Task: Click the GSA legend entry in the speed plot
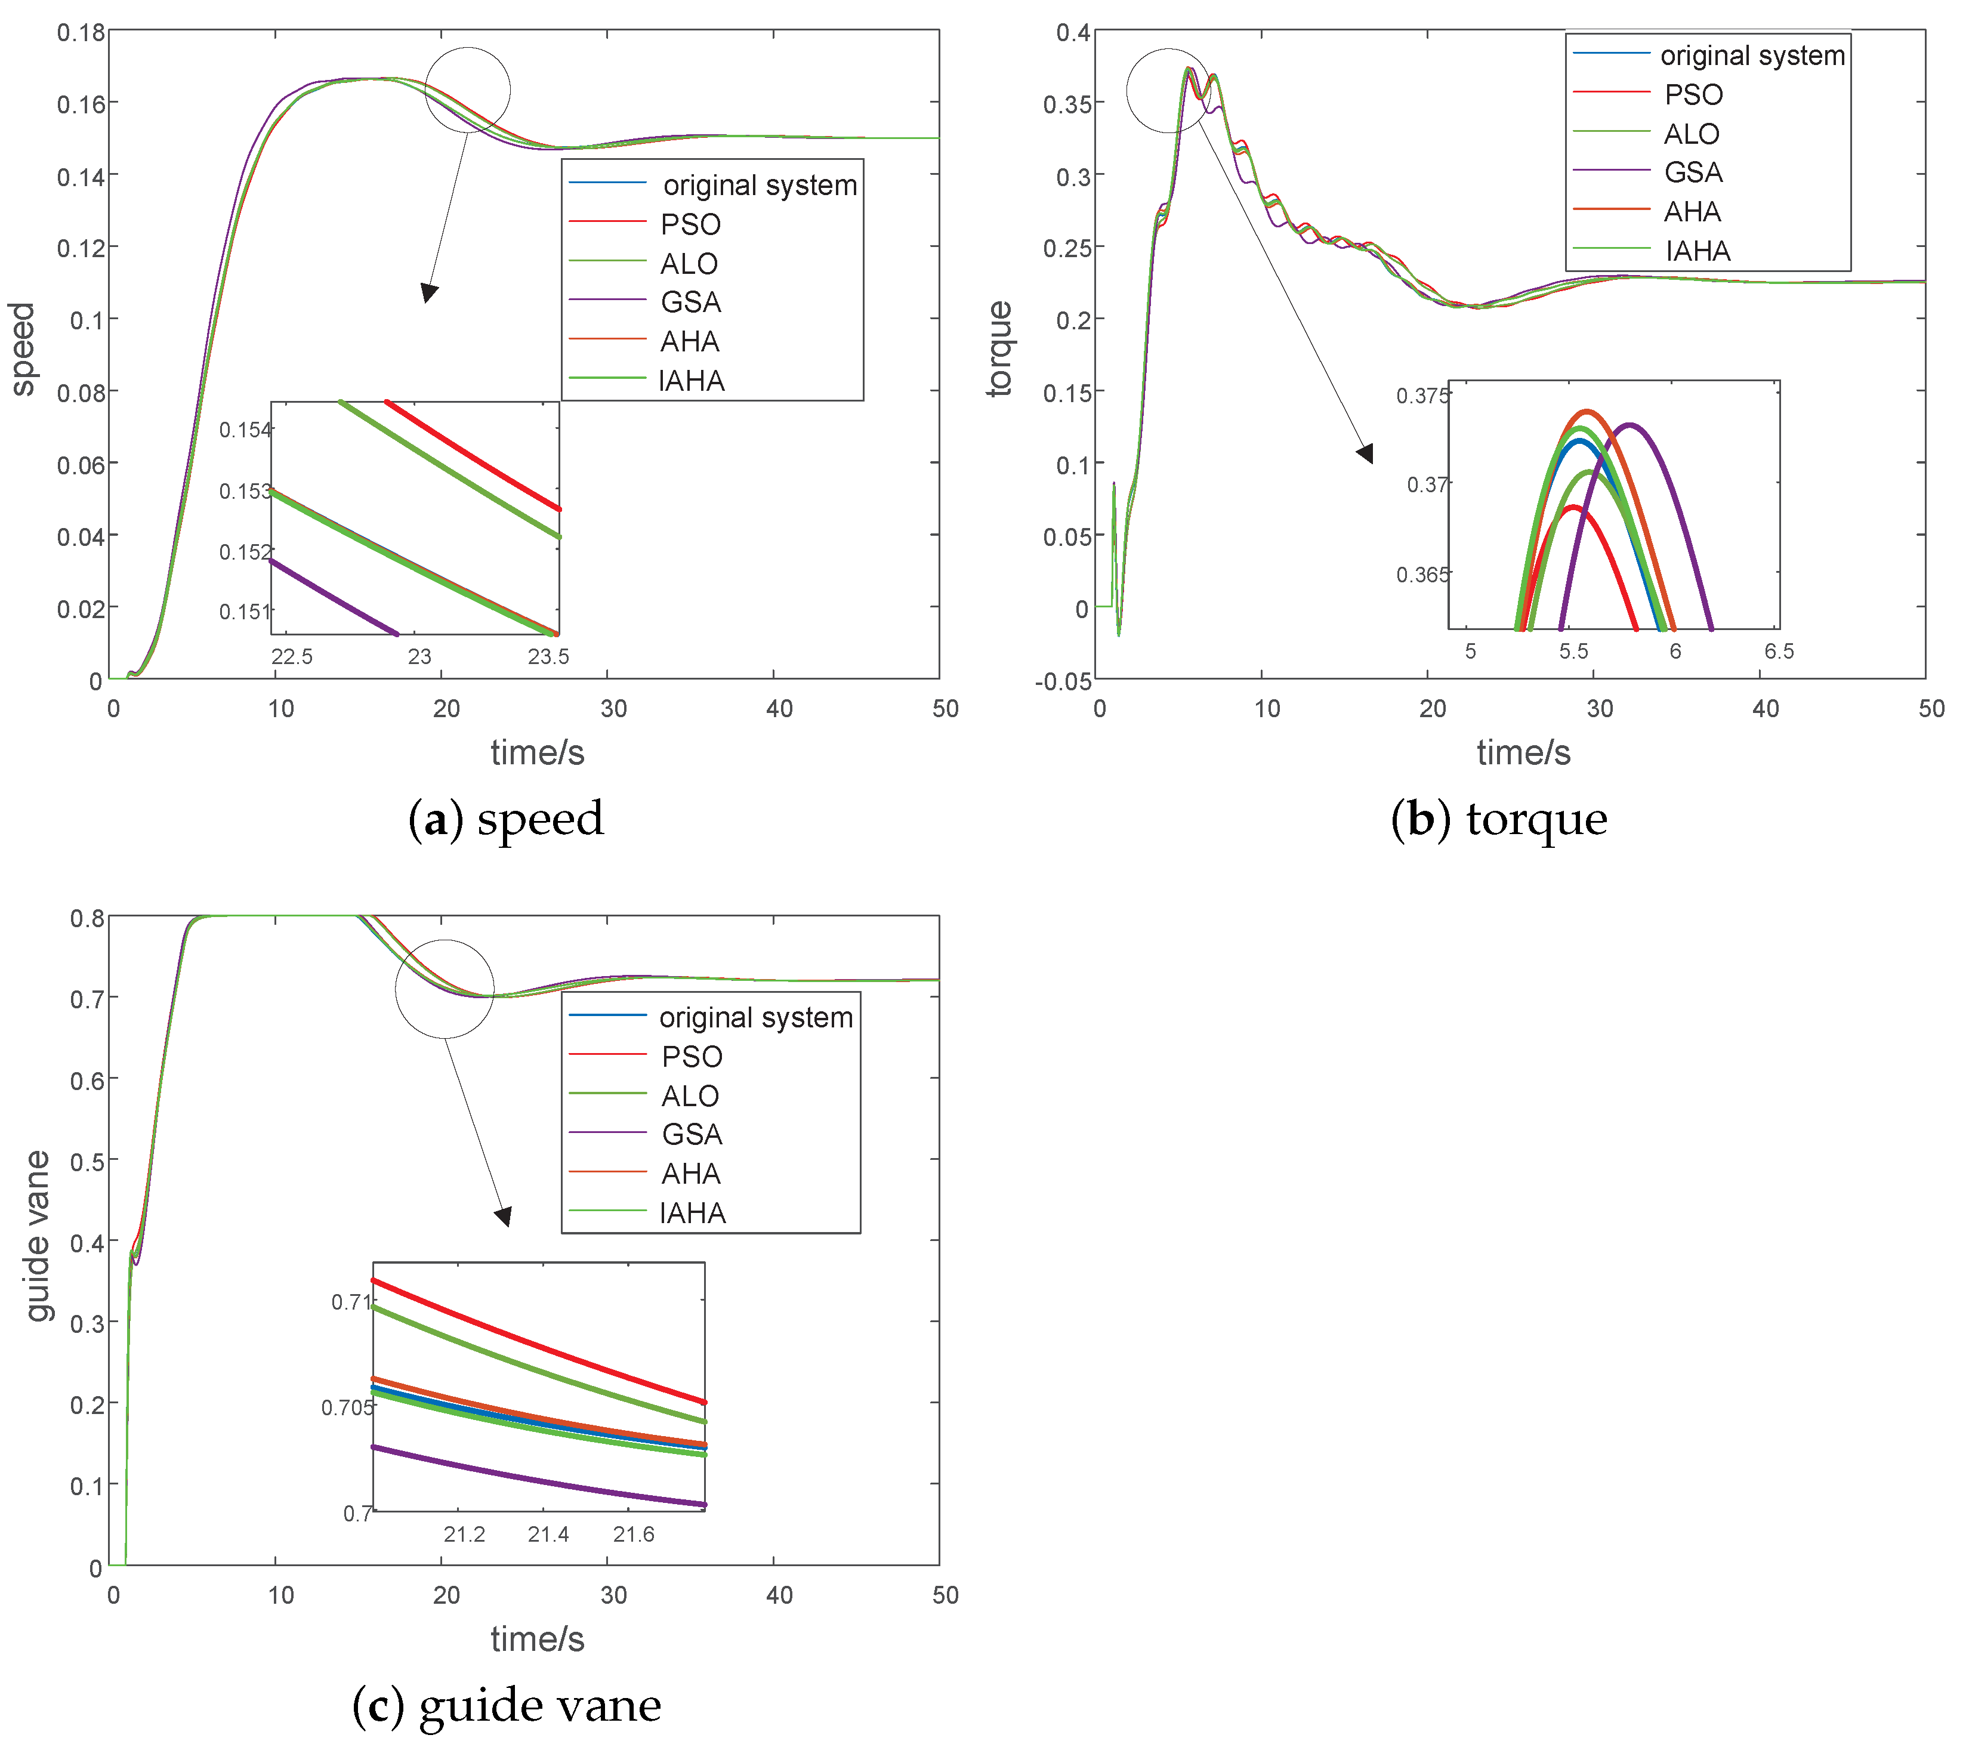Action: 690,302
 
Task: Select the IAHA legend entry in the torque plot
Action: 1698,251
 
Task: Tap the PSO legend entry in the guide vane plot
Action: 691,1057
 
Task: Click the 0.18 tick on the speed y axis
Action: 81,33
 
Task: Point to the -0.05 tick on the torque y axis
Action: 1063,682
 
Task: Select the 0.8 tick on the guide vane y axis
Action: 87,918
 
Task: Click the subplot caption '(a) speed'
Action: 506,819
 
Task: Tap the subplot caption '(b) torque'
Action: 1499,819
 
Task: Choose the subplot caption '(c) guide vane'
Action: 507,1705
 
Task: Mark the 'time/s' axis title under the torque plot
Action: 1523,752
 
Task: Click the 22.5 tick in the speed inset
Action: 292,657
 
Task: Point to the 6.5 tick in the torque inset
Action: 1778,652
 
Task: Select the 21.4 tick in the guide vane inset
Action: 548,1534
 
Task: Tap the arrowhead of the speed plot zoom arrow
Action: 430,293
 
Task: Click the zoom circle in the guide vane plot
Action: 444,989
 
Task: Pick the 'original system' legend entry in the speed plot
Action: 759,185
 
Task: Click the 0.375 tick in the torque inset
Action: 1422,396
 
